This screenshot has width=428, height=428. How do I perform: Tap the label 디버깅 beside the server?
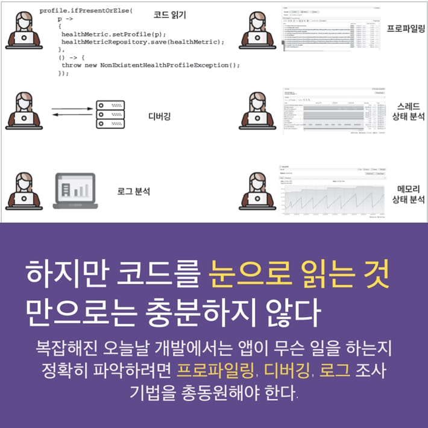(159, 116)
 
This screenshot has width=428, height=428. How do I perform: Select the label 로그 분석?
(133, 192)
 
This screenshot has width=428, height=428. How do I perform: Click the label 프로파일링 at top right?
(405, 28)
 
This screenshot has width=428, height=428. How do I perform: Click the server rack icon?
(110, 115)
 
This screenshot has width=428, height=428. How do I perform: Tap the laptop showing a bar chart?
(75, 190)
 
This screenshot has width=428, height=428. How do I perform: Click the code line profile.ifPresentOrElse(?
(85, 11)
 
